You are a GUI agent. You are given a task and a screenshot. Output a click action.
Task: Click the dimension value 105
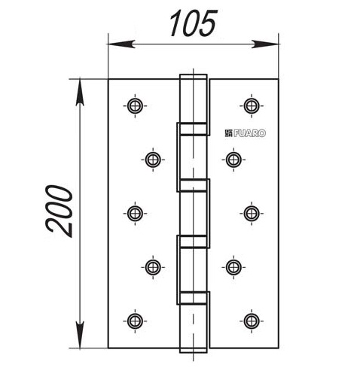193,23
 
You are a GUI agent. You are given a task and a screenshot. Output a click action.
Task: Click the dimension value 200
59,211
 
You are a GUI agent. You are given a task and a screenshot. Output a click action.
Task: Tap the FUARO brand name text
249,133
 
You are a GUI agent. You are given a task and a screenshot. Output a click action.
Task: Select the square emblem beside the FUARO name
228,133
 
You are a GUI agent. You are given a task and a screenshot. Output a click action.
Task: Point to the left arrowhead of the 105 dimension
121,44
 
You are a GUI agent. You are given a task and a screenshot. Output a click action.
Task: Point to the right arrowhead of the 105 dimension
265,44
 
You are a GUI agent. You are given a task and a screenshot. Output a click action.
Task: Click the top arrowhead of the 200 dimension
80,93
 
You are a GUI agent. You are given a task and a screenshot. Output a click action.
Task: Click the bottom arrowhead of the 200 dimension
80,335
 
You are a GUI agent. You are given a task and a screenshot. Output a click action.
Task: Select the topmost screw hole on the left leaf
135,106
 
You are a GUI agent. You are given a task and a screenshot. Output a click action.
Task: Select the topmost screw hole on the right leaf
252,106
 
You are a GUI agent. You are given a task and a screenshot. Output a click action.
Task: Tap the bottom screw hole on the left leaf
135,321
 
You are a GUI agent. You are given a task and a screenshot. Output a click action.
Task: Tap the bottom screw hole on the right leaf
252,321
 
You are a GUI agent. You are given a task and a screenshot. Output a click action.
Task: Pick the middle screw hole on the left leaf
135,214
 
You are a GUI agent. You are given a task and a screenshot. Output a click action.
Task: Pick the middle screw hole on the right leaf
252,214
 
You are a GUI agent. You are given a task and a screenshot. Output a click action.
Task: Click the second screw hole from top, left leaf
153,160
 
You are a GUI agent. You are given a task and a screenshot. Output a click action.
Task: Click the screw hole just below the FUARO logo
233,160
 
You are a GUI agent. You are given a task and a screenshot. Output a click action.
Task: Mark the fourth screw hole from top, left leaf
153,267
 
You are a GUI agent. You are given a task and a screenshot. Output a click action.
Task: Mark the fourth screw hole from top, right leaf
233,267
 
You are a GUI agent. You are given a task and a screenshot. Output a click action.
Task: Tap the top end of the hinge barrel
193,75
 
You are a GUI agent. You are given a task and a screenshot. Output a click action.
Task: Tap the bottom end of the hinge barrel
193,352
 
